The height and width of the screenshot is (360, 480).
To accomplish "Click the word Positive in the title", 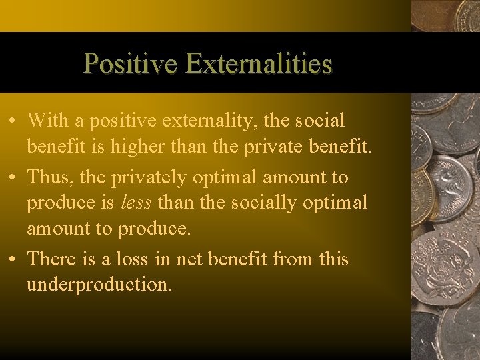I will click(129, 64).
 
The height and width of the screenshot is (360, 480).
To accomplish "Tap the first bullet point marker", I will click(13, 121).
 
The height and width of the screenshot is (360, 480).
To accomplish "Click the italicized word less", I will click(136, 203).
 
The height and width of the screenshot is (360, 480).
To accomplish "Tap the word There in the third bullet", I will click(52, 259).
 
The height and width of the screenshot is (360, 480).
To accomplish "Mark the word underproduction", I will click(99, 285).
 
